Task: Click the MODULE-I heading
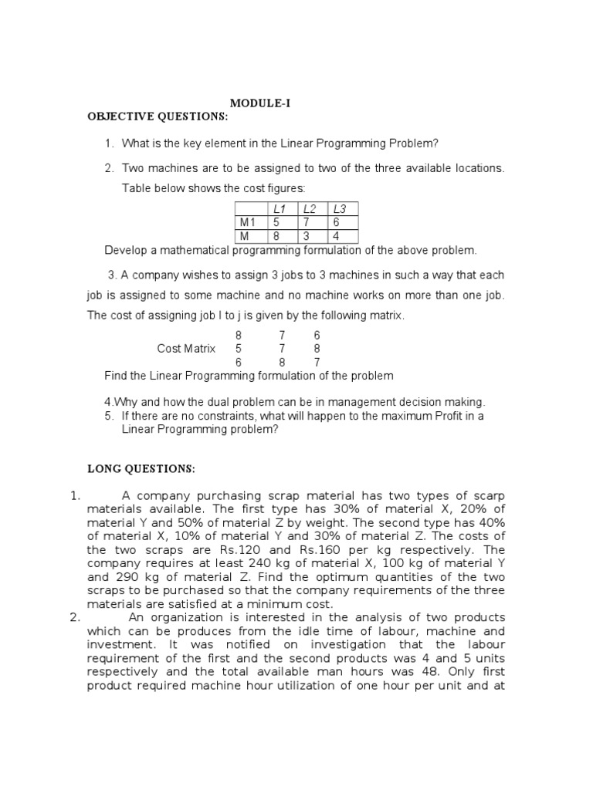260,103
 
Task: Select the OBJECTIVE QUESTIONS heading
158,116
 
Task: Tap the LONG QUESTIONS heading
141,468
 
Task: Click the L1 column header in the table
279,209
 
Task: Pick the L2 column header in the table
310,209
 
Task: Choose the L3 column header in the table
339,209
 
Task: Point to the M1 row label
248,222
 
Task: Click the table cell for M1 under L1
277,222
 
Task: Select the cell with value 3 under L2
307,236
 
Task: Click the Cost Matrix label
186,349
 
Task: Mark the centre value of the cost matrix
282,349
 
